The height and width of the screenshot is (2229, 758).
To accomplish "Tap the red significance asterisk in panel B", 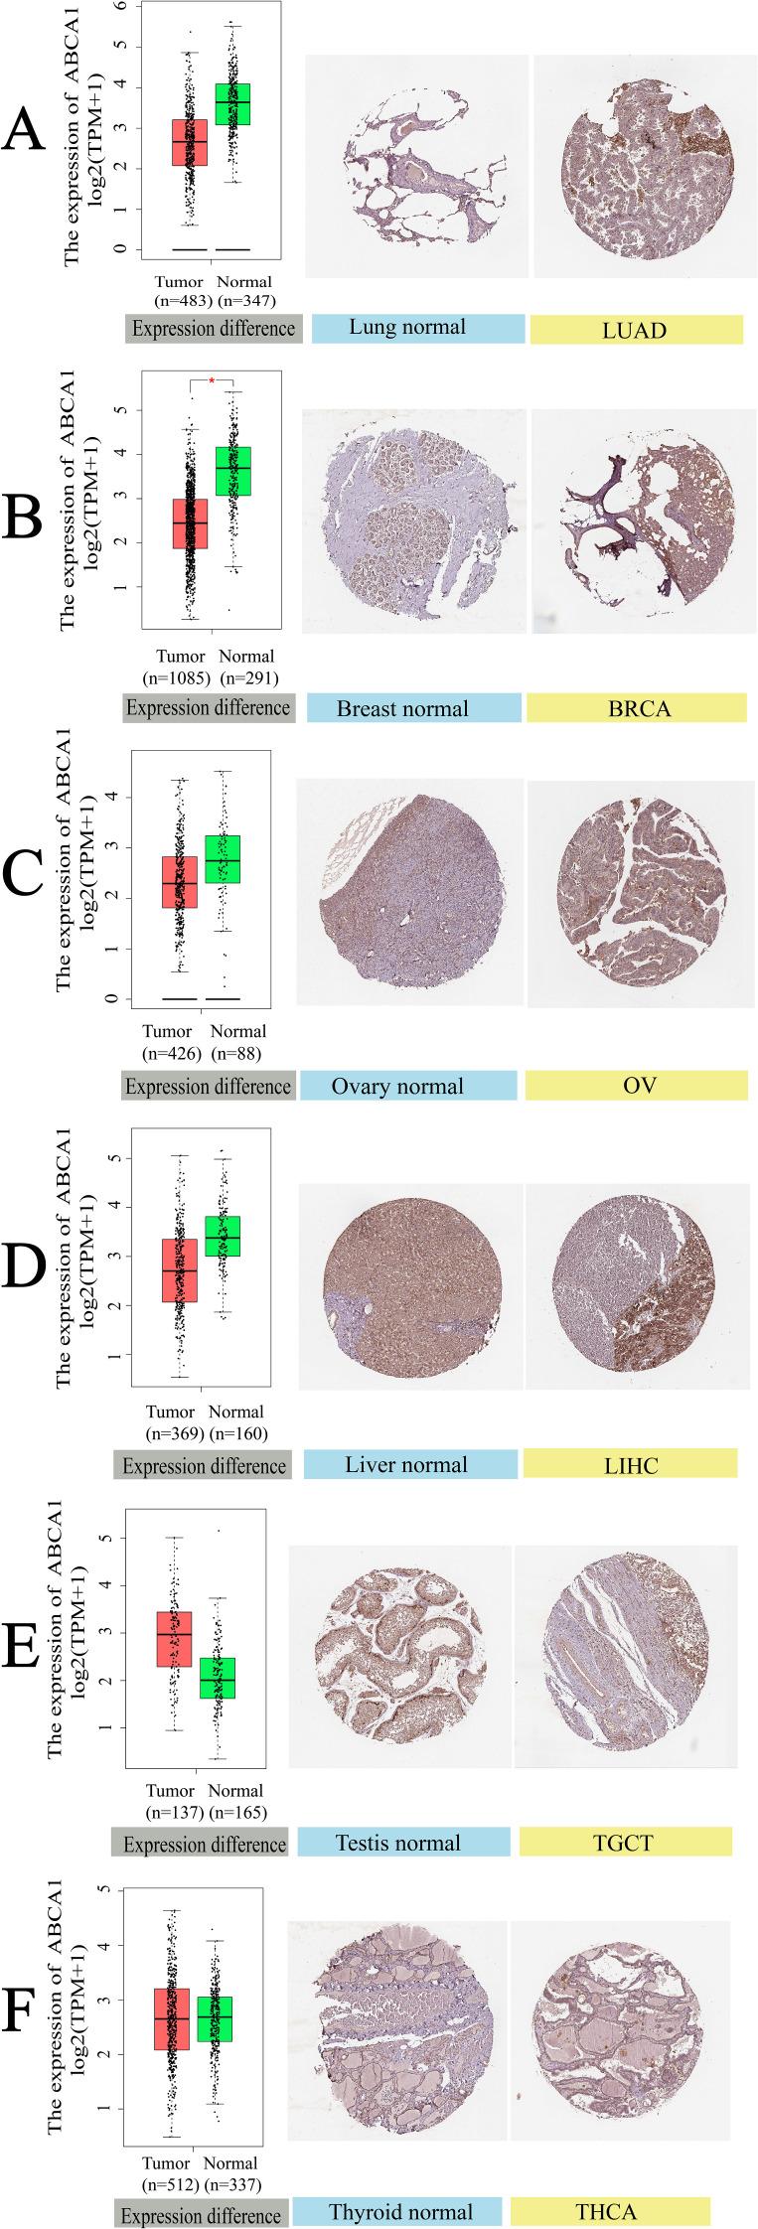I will (x=212, y=381).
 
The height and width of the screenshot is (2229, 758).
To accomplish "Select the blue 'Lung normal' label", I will (x=417, y=329).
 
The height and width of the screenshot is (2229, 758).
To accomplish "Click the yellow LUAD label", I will (x=636, y=330).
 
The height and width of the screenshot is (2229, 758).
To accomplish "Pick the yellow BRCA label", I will (x=636, y=709).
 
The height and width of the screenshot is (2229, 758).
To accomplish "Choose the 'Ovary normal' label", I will (x=408, y=1086).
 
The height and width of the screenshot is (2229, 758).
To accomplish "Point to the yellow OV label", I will (x=636, y=1086).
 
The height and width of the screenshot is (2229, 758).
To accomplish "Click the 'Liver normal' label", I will (x=410, y=1464).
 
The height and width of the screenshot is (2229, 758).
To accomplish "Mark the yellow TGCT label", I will (x=625, y=1843).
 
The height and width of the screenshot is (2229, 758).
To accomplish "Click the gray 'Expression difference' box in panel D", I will (x=203, y=1466).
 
